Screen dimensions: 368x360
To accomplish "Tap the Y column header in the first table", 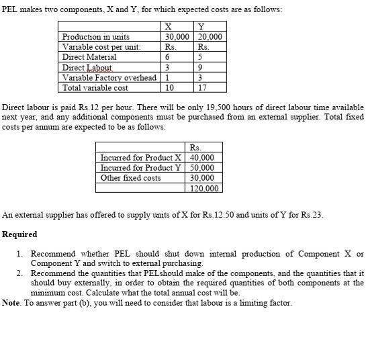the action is (x=201, y=27).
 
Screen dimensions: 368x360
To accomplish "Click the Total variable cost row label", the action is (x=95, y=88).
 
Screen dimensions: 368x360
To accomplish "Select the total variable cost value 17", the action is (x=203, y=88).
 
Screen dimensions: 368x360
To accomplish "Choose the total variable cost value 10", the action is (x=169, y=88).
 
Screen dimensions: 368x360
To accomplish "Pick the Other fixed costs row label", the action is (x=130, y=178).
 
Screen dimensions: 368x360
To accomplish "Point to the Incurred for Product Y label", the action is (x=140, y=168).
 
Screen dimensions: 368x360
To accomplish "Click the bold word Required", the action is (x=19, y=234).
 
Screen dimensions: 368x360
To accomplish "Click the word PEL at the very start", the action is (x=10, y=9).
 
